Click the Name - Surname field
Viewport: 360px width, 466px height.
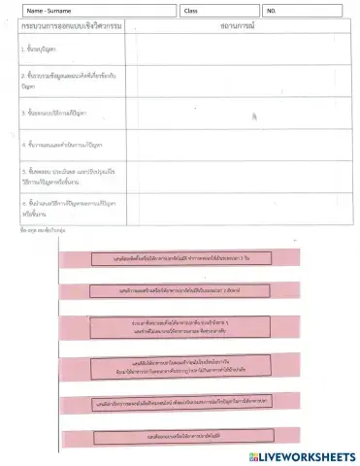97,11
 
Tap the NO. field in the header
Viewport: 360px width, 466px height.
301,11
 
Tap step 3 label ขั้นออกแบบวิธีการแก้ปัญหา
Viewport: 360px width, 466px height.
54,113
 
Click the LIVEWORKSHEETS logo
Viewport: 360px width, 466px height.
303,456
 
